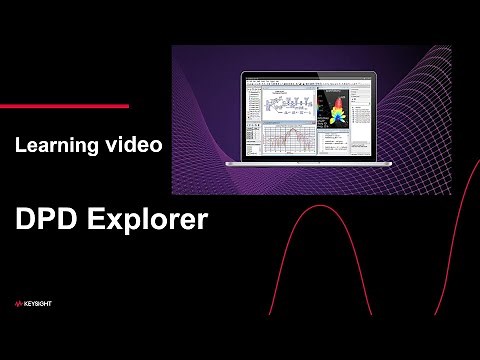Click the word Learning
[55, 146]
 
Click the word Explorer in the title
[144, 220]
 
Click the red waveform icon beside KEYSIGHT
[21, 303]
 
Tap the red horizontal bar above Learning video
[64, 105]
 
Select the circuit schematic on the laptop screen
[290, 106]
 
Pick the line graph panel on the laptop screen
[290, 139]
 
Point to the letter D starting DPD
[24, 220]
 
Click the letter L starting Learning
[20, 146]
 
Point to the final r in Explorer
[203, 220]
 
